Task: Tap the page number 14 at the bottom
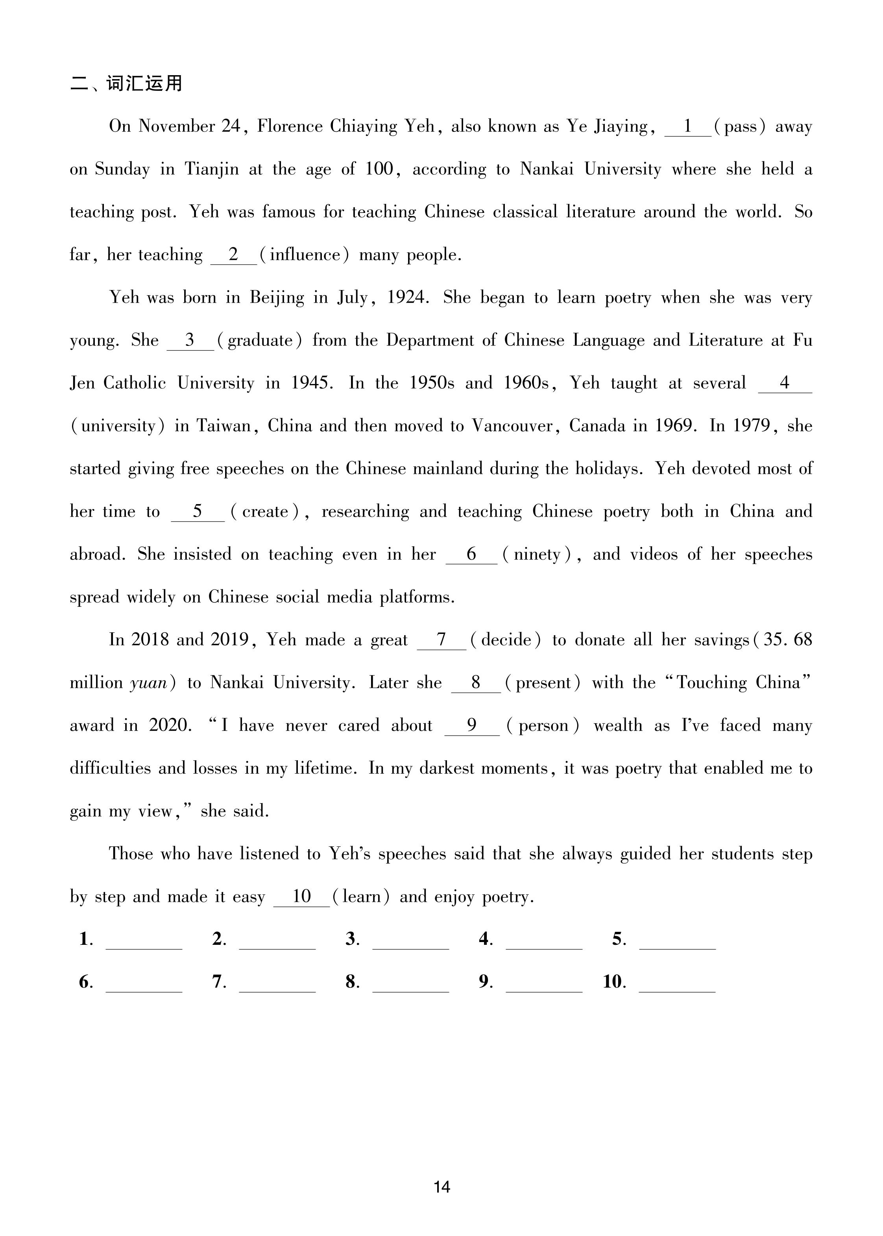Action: pyautogui.click(x=441, y=1187)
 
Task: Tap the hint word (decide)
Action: pyautogui.click(x=505, y=640)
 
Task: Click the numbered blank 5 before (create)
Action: pyautogui.click(x=198, y=512)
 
